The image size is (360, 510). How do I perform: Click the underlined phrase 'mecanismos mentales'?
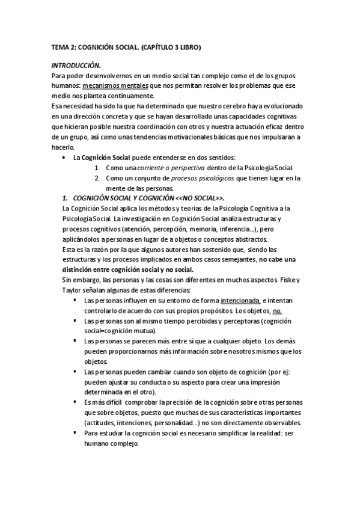114,86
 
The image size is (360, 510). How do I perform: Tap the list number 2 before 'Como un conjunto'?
96,179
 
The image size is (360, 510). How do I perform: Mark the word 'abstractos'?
248,240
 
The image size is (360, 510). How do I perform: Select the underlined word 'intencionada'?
240,301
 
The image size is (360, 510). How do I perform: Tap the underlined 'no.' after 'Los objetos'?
277,311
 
